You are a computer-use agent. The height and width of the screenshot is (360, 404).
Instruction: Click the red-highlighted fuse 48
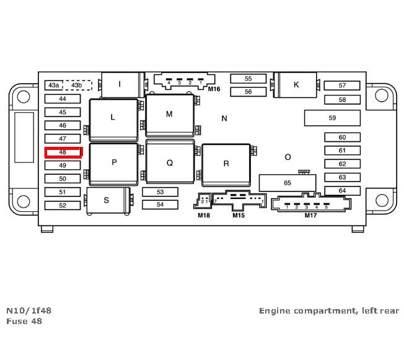(x=63, y=152)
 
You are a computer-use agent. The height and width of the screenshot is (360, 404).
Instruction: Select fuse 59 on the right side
(x=332, y=118)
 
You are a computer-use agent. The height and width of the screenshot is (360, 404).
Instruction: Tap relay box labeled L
(x=113, y=117)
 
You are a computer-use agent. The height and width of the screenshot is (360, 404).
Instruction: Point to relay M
(x=169, y=115)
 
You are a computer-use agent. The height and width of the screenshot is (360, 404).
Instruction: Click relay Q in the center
(x=169, y=163)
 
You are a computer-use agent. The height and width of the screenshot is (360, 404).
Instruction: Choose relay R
(x=226, y=164)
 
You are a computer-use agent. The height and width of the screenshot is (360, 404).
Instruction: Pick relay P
(x=113, y=163)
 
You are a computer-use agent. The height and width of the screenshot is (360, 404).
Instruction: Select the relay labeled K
(x=296, y=85)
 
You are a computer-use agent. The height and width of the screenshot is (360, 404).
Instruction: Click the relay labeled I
(x=120, y=84)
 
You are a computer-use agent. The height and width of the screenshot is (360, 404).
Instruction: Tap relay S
(x=107, y=200)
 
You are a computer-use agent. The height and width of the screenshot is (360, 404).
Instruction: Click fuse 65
(x=287, y=183)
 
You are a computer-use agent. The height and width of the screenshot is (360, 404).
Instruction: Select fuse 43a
(x=54, y=85)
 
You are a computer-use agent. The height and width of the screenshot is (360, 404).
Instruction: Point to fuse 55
(x=248, y=79)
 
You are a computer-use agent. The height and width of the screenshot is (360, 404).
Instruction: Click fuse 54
(x=160, y=204)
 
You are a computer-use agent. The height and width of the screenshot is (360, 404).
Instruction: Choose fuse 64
(x=342, y=191)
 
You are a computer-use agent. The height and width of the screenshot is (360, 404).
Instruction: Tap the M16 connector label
(x=214, y=89)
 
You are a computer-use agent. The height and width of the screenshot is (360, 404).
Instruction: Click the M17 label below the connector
(x=310, y=216)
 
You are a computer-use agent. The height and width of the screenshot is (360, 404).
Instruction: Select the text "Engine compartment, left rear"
(x=329, y=310)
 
